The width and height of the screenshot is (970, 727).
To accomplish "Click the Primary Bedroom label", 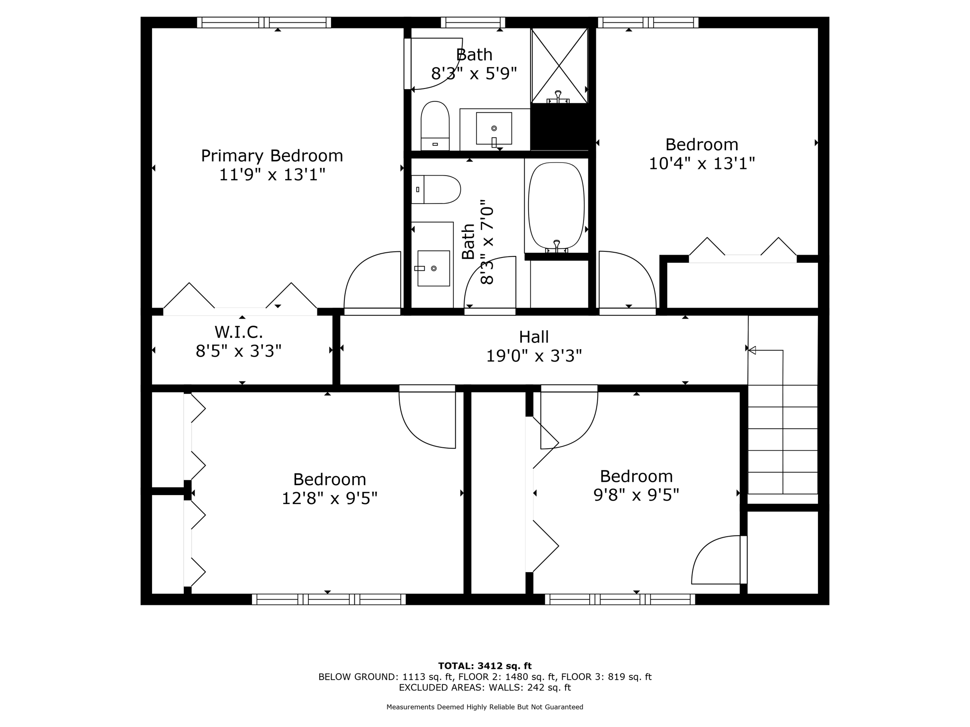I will point(272,156).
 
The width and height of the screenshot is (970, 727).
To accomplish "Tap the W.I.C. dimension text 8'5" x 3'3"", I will point(239,351).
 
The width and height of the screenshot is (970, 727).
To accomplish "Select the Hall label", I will point(534,337).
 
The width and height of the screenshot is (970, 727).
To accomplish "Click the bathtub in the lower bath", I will point(556,206).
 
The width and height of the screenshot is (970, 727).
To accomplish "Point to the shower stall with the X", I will point(559,65).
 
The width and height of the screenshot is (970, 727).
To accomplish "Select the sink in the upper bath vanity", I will point(494,128).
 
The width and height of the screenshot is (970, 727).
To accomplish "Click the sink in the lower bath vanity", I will point(433,268).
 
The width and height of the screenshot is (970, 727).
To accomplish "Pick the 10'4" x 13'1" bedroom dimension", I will point(701,164).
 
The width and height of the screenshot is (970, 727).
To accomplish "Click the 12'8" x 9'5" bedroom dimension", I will point(330,498).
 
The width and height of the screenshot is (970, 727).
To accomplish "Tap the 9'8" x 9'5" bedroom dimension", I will point(636,495).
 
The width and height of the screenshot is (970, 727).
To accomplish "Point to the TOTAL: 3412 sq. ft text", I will point(485,666).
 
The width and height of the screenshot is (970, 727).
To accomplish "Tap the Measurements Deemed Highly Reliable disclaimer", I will point(485,707).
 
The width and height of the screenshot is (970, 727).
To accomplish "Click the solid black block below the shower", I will point(559,127).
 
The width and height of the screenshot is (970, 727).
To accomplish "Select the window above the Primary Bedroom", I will point(264,22).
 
